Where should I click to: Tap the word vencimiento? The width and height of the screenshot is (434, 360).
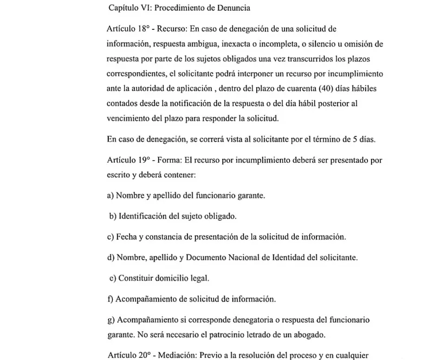coord(129,118)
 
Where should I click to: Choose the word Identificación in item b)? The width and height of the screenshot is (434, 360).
coord(142,216)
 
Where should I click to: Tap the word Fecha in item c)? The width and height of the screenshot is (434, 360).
coord(128,237)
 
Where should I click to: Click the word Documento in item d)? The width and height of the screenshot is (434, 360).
coord(219,258)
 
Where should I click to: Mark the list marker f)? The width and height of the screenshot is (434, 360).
coord(111,299)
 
